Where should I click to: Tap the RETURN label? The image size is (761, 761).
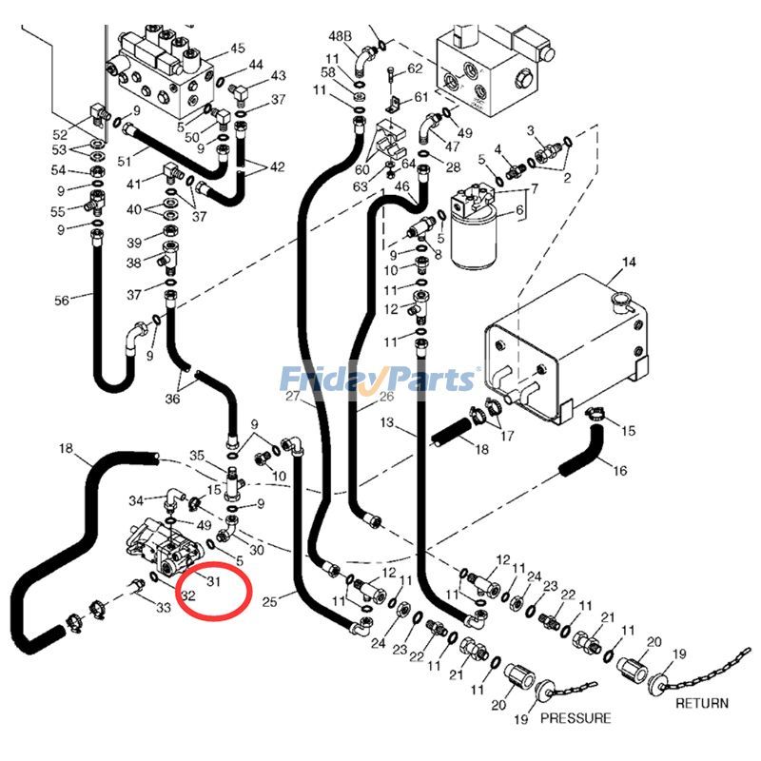click(701, 704)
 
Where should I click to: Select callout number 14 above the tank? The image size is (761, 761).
click(628, 262)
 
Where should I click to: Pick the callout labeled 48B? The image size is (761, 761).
click(341, 36)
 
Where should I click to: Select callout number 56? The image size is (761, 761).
click(62, 301)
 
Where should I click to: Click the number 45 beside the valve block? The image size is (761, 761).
click(237, 49)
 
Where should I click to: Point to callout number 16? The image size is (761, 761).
click(619, 470)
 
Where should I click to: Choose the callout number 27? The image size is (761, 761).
click(292, 396)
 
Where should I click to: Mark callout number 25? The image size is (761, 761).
click(270, 601)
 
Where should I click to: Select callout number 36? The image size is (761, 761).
click(171, 400)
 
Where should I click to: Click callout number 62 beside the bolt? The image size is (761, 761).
click(415, 68)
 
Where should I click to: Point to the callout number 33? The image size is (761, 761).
click(164, 608)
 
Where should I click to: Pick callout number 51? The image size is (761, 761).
click(124, 163)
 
